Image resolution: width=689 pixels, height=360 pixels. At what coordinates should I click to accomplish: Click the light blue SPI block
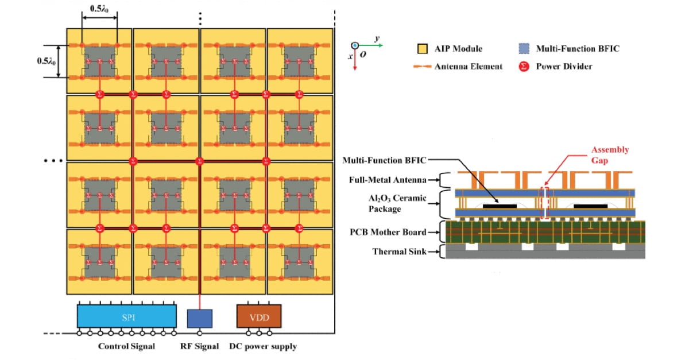[x=127, y=316]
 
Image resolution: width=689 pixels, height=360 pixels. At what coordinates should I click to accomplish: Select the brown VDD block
[x=259, y=316]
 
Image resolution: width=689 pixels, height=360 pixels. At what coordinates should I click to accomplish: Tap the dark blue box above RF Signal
[x=200, y=319]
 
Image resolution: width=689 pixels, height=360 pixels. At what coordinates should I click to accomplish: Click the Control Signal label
[x=126, y=347]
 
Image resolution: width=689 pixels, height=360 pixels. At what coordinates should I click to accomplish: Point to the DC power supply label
[x=263, y=347]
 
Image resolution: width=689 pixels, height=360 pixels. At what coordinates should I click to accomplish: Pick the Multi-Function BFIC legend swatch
[x=522, y=49]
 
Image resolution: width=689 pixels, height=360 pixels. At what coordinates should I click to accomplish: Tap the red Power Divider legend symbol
[x=522, y=66]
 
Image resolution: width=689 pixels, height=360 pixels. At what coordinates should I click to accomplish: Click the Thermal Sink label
[x=398, y=251]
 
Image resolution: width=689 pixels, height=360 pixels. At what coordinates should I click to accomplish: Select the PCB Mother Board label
[x=388, y=232]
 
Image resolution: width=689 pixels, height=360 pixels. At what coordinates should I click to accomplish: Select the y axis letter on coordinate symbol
[x=377, y=38]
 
